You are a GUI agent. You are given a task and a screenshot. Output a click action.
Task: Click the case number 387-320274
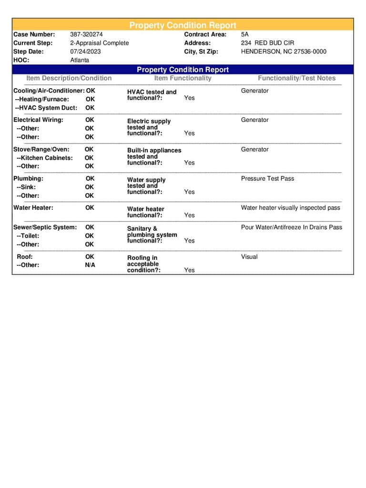pyautogui.click(x=86, y=34)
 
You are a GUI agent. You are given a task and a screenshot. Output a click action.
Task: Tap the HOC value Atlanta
pyautogui.click(x=80, y=60)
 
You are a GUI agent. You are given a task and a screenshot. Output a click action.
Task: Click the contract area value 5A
pyautogui.click(x=245, y=34)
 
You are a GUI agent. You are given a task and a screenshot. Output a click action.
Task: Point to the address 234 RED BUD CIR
pyautogui.click(x=267, y=43)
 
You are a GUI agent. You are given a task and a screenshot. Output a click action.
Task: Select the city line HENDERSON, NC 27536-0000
pyautogui.click(x=284, y=51)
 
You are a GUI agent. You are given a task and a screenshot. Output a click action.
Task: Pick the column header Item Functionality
pyautogui.click(x=183, y=78)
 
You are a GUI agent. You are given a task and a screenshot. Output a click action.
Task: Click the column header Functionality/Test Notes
pyautogui.click(x=296, y=78)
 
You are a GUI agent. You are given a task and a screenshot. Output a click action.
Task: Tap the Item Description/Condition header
pyautogui.click(x=69, y=78)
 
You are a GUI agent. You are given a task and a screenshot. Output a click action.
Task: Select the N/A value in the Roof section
pyautogui.click(x=90, y=265)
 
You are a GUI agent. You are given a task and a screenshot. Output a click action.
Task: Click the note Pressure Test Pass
pyautogui.click(x=267, y=179)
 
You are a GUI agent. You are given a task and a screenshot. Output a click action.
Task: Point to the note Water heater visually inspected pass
pyautogui.click(x=290, y=208)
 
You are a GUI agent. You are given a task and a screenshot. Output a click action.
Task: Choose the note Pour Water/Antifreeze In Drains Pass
pyautogui.click(x=291, y=227)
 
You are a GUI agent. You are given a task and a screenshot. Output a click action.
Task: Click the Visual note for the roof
pyautogui.click(x=249, y=257)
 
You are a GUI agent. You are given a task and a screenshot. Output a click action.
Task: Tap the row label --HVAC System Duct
pyautogui.click(x=46, y=108)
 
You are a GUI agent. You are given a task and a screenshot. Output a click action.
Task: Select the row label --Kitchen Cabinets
pyautogui.click(x=44, y=158)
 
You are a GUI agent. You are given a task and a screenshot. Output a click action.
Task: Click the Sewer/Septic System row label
pyautogui.click(x=45, y=227)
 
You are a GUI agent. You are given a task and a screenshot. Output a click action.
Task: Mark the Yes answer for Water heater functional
pyautogui.click(x=189, y=215)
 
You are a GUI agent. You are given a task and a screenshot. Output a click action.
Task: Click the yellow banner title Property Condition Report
pyautogui.click(x=183, y=25)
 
